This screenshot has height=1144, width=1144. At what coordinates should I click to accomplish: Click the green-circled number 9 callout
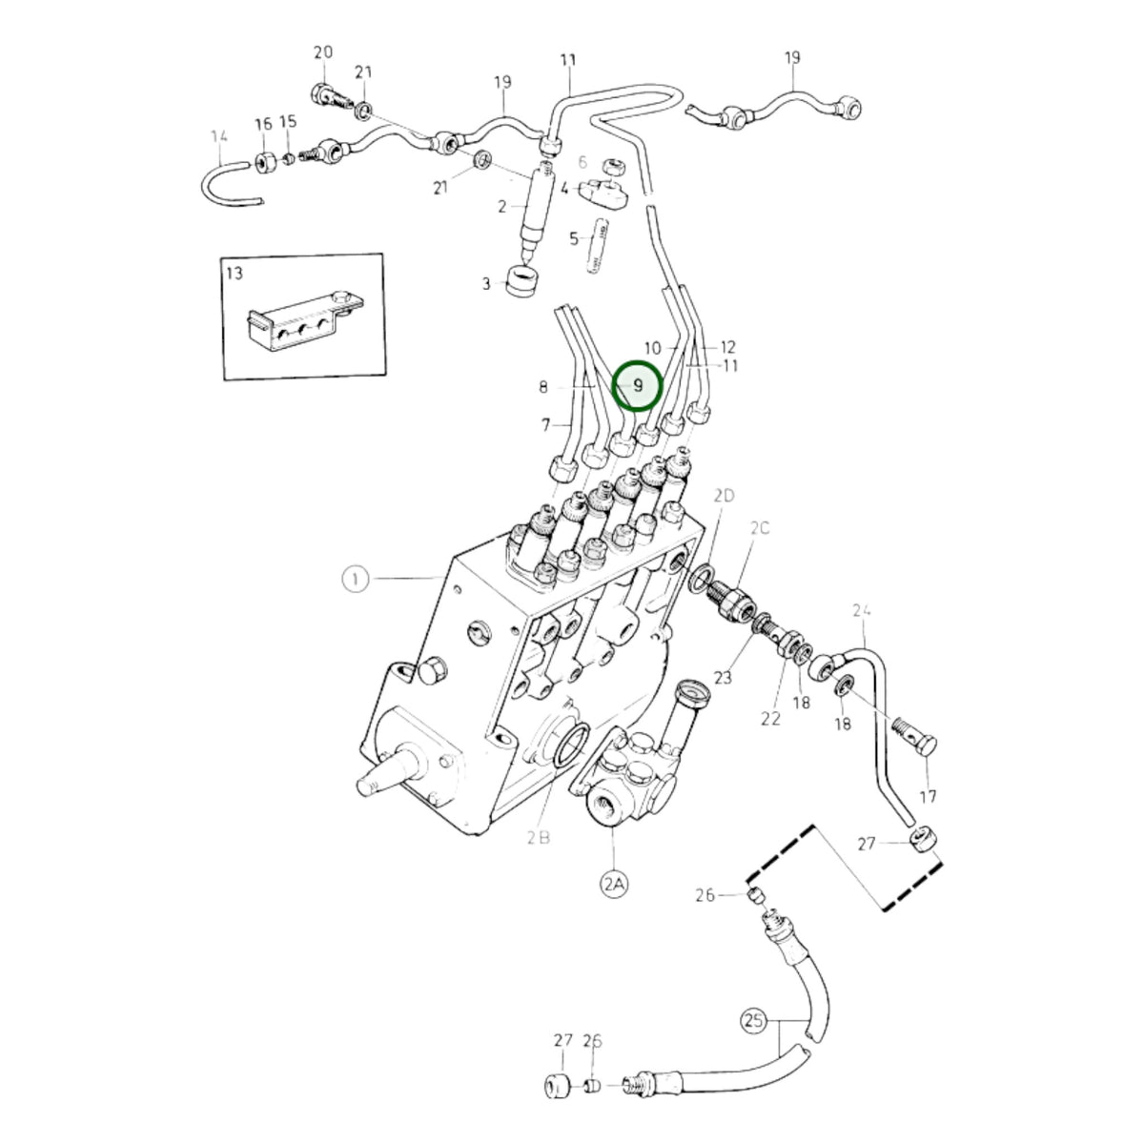tap(637, 386)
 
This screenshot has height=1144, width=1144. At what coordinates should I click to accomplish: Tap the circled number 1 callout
tap(355, 579)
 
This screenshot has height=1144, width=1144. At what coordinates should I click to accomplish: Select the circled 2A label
tap(613, 885)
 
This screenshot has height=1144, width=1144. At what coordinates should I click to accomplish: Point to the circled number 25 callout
tap(753, 1021)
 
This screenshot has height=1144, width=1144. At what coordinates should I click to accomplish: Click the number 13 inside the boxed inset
tap(235, 273)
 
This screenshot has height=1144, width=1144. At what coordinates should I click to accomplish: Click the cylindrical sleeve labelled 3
tap(523, 281)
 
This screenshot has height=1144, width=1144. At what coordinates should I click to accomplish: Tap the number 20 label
tap(323, 52)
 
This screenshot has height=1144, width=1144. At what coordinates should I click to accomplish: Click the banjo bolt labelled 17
tap(915, 737)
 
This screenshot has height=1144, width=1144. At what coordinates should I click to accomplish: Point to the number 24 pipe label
tap(862, 610)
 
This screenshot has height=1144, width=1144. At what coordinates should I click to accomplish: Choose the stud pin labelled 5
tap(599, 246)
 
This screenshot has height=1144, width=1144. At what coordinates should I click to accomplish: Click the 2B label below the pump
tap(538, 837)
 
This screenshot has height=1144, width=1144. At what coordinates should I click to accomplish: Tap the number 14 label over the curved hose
tap(219, 136)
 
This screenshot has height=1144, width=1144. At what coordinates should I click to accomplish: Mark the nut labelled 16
tap(265, 161)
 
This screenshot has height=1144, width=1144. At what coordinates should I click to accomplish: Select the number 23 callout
tap(723, 677)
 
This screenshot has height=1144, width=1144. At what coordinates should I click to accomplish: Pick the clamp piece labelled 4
tap(603, 193)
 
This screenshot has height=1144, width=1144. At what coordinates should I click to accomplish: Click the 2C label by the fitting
tap(759, 527)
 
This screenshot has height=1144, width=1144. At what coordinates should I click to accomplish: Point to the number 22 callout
tap(770, 719)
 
